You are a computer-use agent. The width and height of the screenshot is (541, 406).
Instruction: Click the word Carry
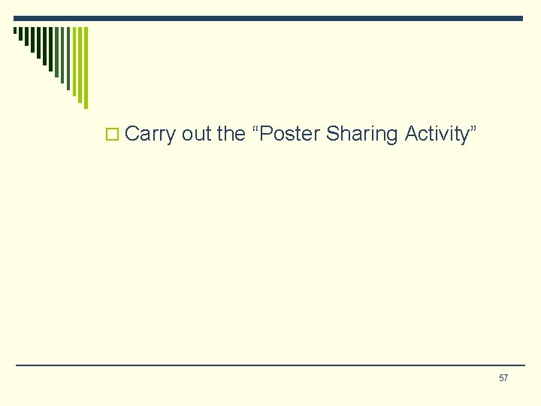(150, 135)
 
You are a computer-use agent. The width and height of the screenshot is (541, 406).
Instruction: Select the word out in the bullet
(197, 134)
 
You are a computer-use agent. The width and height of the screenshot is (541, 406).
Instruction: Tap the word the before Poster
(231, 134)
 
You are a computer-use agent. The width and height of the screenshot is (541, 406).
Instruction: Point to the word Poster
(289, 134)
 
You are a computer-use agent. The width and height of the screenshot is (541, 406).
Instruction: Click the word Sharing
(363, 135)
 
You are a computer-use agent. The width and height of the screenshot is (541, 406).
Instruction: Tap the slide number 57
(503, 377)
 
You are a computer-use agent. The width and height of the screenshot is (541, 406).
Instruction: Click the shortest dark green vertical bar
(15, 31)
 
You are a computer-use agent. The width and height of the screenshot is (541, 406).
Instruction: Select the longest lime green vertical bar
(86, 68)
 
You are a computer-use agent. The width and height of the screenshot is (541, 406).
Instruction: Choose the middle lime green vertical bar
(80, 65)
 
